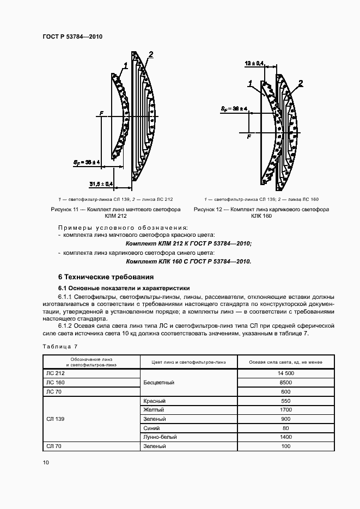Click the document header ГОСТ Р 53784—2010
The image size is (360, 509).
pyautogui.click(x=72, y=37)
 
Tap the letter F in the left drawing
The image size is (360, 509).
pyautogui.click(x=101, y=113)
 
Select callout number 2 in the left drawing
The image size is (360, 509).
pyautogui.click(x=151, y=54)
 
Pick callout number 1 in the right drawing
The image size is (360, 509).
pyautogui.click(x=250, y=83)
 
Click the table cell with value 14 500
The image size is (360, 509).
pyautogui.click(x=286, y=373)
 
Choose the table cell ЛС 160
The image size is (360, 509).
pyautogui.click(x=55, y=382)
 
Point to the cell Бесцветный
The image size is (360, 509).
pyautogui.click(x=158, y=382)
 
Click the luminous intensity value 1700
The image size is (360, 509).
pyautogui.click(x=286, y=409)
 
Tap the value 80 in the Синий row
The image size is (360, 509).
pyautogui.click(x=286, y=428)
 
